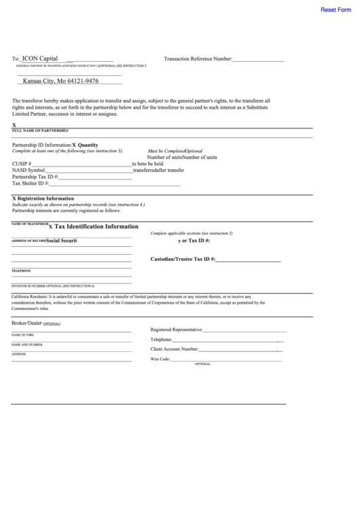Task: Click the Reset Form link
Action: coord(336,10)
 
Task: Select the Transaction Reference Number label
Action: coord(198,60)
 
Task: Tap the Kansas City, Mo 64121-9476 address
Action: coord(60,81)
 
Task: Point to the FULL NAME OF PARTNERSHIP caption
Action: coord(39,130)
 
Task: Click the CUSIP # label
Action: coord(22,164)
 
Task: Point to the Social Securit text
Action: coord(61,241)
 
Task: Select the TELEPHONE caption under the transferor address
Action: coord(21,271)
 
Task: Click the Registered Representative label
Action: coord(177,330)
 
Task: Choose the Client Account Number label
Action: coord(174,349)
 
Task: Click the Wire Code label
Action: coord(160,358)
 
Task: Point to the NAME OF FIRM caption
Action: coord(22,335)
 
